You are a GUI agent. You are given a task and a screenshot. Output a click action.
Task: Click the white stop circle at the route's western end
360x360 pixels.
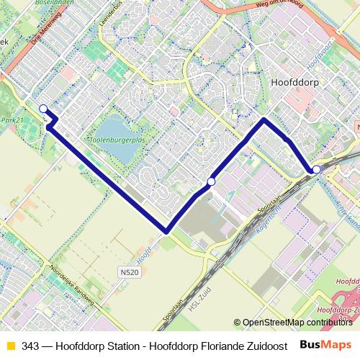[x=44, y=109]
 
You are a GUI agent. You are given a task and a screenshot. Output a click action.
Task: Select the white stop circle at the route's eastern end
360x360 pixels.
[x=316, y=169]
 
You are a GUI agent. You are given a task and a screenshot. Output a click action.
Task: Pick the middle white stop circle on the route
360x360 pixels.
[x=211, y=181]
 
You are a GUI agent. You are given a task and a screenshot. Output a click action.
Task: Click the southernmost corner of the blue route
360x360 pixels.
[x=166, y=232]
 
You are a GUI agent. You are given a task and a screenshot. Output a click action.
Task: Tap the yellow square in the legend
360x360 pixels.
[x=9, y=346]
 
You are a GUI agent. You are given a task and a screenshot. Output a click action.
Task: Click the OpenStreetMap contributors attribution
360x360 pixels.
[x=297, y=323]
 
